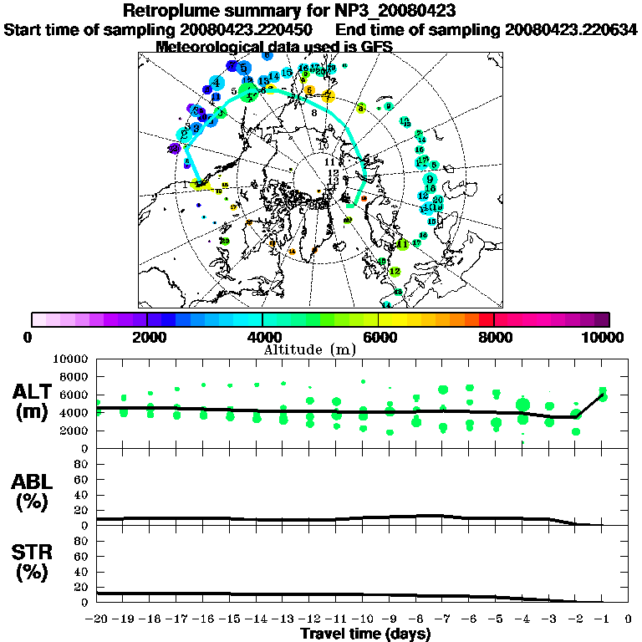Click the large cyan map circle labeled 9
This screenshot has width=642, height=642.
coord(430,180)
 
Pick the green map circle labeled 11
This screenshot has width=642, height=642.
coord(404,244)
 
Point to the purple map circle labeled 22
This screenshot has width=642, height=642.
coord(175,148)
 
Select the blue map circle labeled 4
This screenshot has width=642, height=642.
coord(217,83)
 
